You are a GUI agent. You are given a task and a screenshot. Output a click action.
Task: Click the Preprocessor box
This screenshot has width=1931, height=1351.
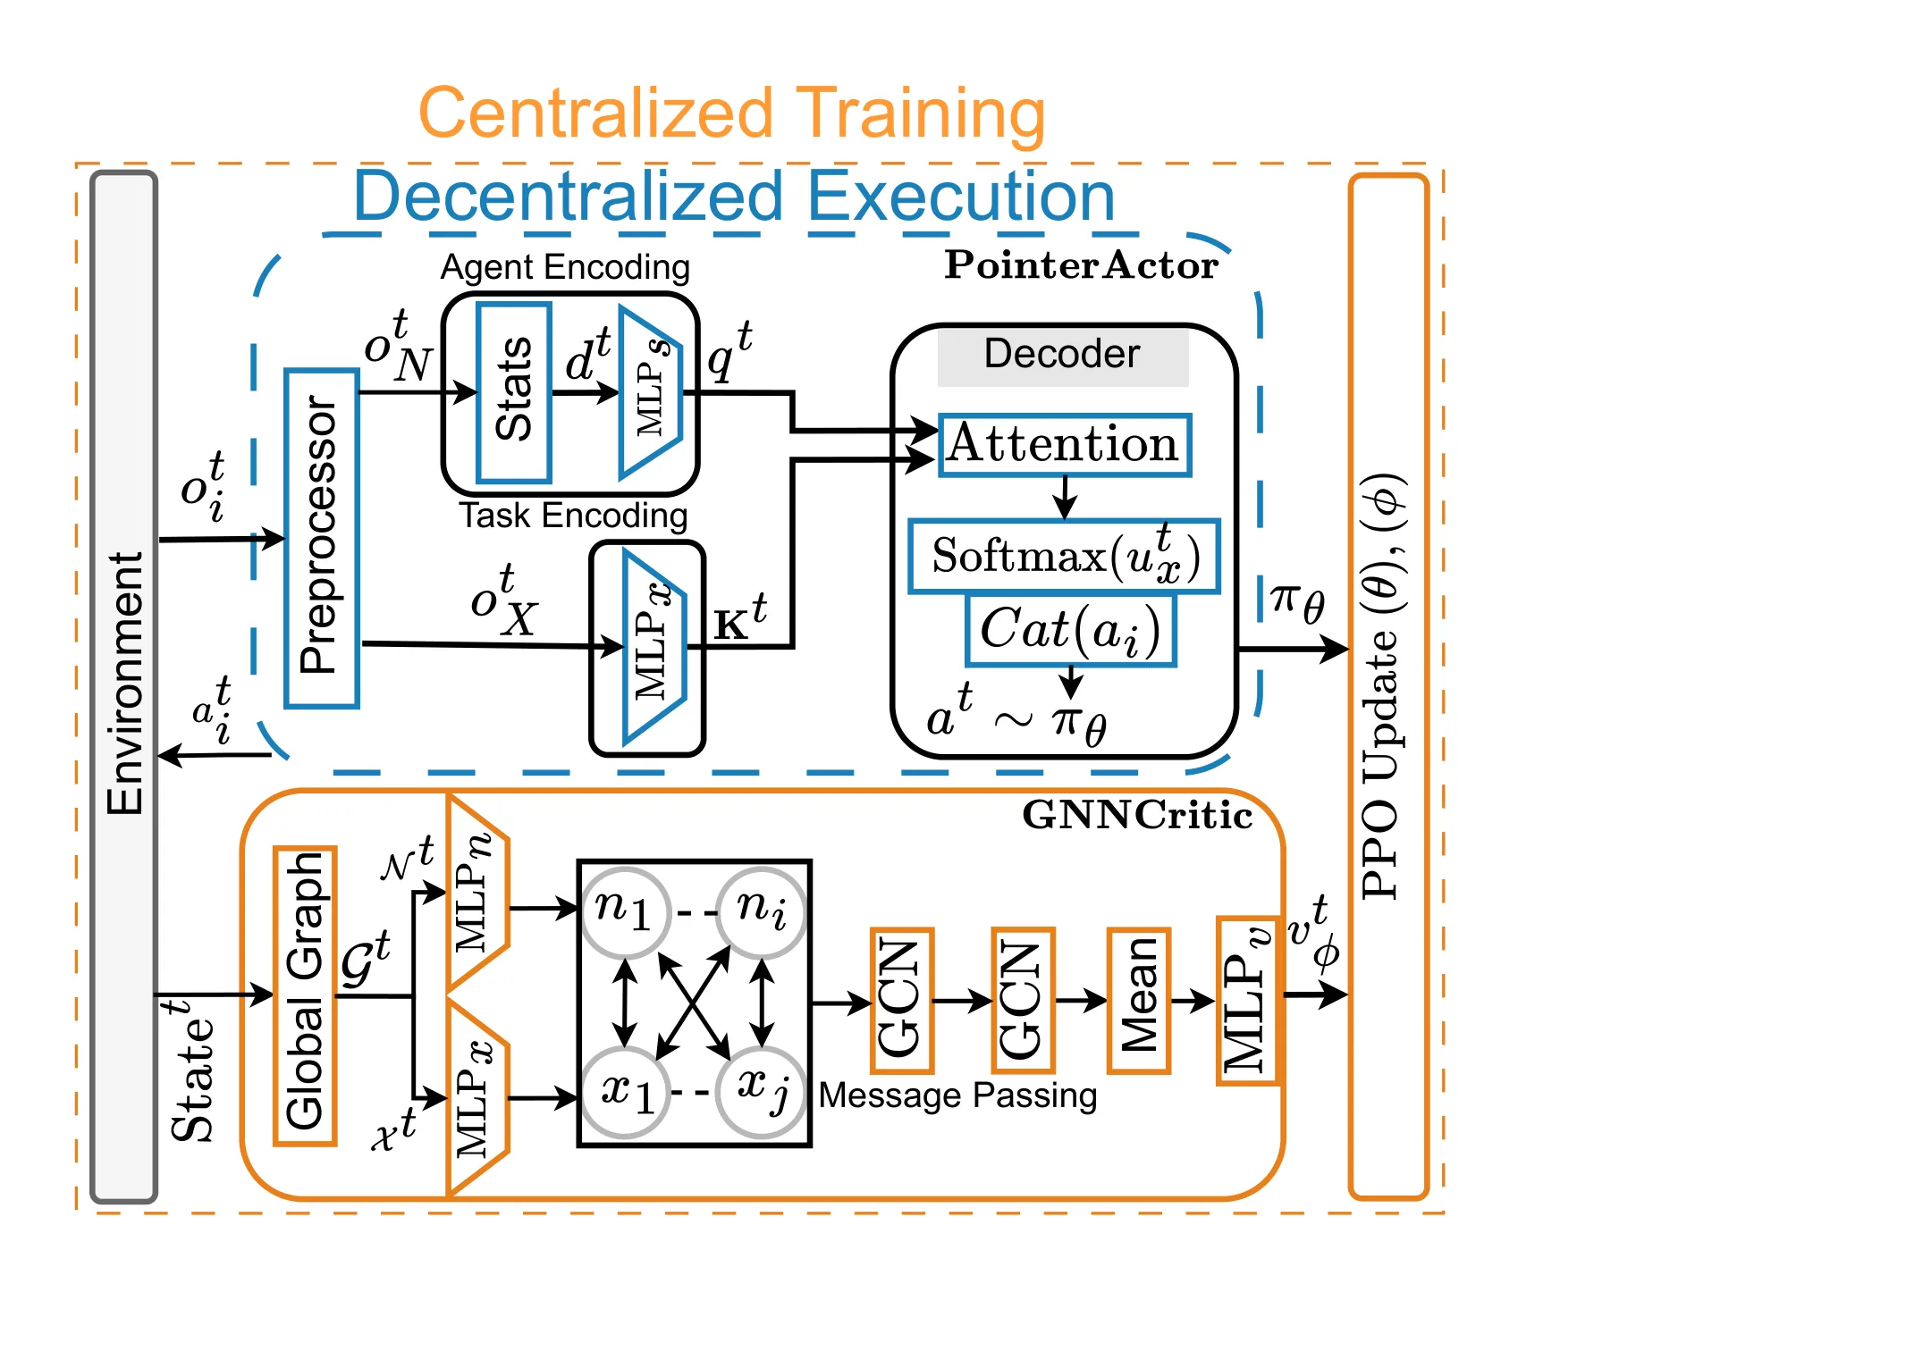[322, 539]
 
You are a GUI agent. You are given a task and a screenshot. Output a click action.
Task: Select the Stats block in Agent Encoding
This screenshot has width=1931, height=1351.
[514, 392]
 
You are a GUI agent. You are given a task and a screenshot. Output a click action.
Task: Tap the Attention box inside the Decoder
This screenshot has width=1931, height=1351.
[1065, 444]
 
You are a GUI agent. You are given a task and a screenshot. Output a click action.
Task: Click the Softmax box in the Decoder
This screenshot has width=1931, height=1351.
[1065, 556]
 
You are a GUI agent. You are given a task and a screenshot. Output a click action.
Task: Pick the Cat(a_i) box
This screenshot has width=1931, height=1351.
[1071, 630]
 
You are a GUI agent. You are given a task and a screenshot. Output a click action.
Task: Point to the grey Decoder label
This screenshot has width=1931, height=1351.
[1063, 355]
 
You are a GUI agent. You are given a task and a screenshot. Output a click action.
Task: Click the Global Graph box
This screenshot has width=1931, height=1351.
[305, 995]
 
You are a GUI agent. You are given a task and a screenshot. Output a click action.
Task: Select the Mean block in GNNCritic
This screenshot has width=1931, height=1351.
[1139, 1000]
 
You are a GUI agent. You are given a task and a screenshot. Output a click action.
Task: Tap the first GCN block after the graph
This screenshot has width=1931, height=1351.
[902, 1000]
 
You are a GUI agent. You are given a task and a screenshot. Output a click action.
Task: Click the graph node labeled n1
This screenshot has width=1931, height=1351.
[626, 911]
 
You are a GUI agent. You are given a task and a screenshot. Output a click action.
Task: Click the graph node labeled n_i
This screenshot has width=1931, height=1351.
[762, 911]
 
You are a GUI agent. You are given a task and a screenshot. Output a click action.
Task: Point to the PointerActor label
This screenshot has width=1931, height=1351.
[1081, 265]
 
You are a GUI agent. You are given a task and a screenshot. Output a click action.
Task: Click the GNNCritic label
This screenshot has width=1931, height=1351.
[1137, 815]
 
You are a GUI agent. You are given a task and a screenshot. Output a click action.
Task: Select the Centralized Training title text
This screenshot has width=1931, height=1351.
[731, 114]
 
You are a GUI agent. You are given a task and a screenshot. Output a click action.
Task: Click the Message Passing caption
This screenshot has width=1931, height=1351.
[957, 1095]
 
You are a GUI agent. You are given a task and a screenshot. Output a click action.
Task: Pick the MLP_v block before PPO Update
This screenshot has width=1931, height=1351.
[1248, 1000]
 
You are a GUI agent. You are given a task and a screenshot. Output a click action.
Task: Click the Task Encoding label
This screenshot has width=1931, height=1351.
[573, 516]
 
